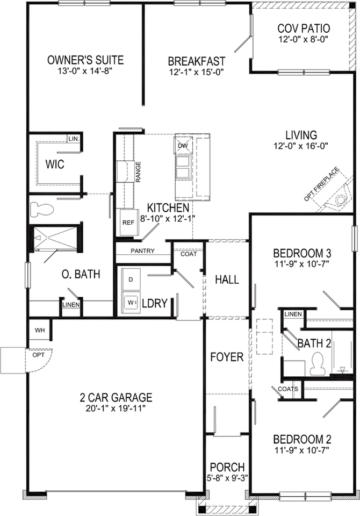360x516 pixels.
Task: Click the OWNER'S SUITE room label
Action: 85,60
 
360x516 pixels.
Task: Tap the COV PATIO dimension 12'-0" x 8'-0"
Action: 304,39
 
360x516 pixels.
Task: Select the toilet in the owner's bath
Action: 40,208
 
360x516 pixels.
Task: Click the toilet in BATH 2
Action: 316,363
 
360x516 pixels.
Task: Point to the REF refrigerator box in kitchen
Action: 128,222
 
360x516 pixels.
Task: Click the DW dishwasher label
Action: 182,146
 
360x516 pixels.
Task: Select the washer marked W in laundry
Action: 131,303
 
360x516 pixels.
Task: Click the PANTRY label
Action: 142,251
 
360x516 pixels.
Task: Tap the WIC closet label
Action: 55,164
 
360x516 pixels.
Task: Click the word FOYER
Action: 227,357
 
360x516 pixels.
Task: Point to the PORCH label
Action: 227,467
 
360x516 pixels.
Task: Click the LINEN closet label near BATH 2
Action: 293,314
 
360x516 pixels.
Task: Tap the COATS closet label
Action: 285,389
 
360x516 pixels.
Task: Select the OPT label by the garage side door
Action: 37,355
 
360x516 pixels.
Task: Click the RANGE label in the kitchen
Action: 138,172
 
